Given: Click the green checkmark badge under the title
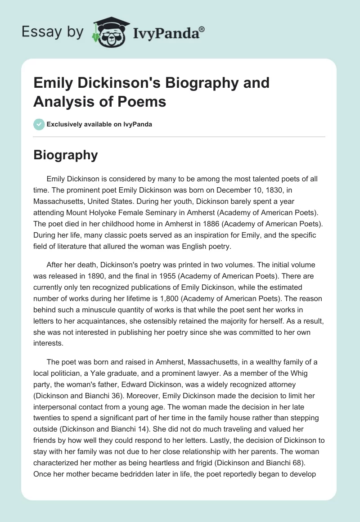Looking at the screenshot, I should (39, 124).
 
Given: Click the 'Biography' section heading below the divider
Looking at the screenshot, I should (66, 155).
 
